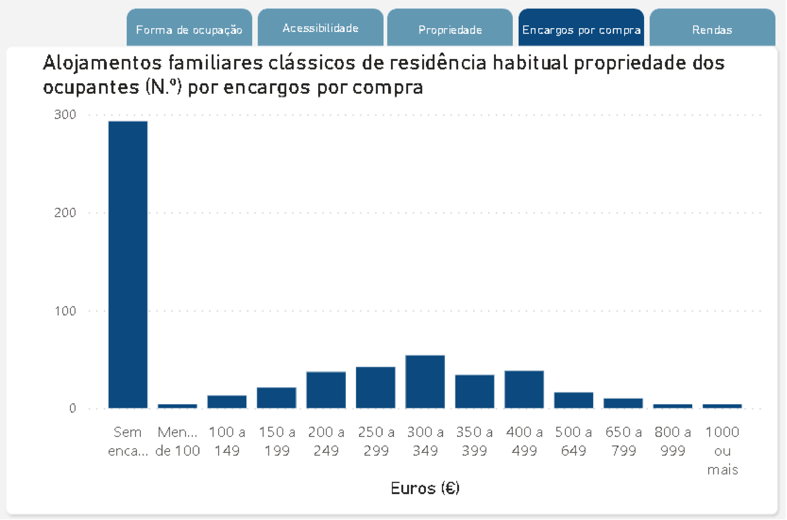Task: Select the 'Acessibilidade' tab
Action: pyautogui.click(x=320, y=28)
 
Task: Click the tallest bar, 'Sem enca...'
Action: pyautogui.click(x=128, y=265)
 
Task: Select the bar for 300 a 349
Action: pyautogui.click(x=425, y=382)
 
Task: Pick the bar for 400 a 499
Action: pyautogui.click(x=524, y=390)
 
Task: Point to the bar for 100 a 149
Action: pyautogui.click(x=227, y=402)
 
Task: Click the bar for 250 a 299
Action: pyautogui.click(x=376, y=388)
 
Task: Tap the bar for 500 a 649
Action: pyautogui.click(x=574, y=400)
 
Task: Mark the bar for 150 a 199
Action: pyautogui.click(x=276, y=398)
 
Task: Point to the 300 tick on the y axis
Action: pyautogui.click(x=65, y=115)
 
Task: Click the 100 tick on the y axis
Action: pyautogui.click(x=65, y=311)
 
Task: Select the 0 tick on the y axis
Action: pyautogui.click(x=72, y=409)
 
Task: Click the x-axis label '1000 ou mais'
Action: pyautogui.click(x=722, y=450)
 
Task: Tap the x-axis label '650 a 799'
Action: pyautogui.click(x=623, y=441)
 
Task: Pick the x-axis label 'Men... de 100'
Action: pyautogui.click(x=178, y=441)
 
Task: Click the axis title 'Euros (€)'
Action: pyautogui.click(x=425, y=489)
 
